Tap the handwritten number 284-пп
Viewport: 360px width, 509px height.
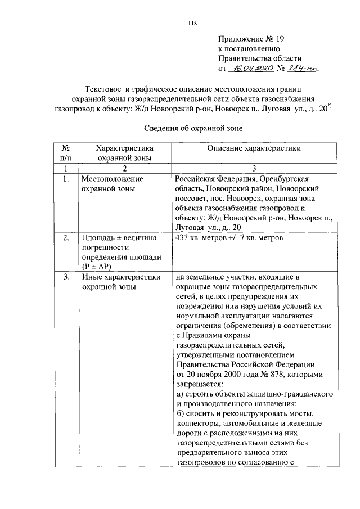300,69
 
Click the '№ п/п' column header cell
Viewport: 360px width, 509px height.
66,153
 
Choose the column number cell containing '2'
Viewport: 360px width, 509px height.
125,168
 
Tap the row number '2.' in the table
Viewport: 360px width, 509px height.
66,238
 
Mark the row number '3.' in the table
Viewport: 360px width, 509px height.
66,277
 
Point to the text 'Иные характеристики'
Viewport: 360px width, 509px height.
121,277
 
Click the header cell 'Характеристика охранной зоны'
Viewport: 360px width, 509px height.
125,153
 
